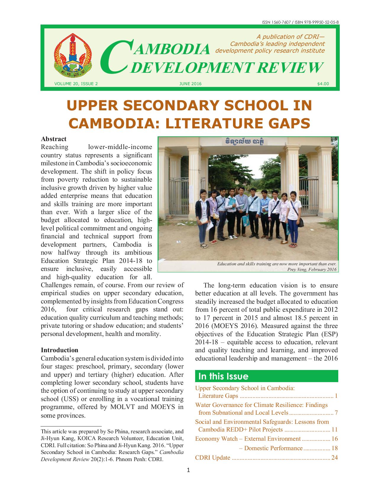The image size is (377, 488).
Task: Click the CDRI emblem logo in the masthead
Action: pyautogui.click(x=73, y=55)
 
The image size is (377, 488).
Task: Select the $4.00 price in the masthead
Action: pyautogui.click(x=323, y=84)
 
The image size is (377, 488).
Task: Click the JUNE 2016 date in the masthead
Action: pyautogui.click(x=190, y=84)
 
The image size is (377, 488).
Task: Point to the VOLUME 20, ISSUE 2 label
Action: pyautogui.click(x=76, y=84)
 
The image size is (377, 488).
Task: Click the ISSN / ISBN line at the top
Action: pyautogui.click(x=300, y=22)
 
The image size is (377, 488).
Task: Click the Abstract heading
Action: pyautogui.click(x=54, y=139)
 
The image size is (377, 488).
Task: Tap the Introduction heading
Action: pyautogui.click(x=59, y=350)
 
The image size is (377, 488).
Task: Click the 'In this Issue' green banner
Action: pyautogui.click(x=266, y=376)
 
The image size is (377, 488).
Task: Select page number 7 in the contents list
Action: pyautogui.click(x=336, y=413)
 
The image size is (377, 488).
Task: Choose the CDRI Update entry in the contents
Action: pyautogui.click(x=213, y=458)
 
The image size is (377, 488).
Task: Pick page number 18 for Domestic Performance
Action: pyautogui.click(x=335, y=448)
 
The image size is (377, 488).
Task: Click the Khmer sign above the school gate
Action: pyautogui.click(x=245, y=141)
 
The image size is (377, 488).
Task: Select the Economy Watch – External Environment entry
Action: pyautogui.click(x=248, y=439)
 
